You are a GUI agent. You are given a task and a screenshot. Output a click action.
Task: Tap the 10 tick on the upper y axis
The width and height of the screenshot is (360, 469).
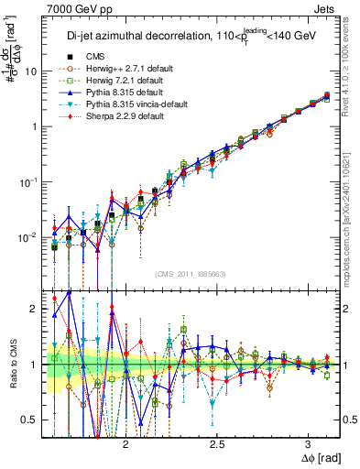34,71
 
